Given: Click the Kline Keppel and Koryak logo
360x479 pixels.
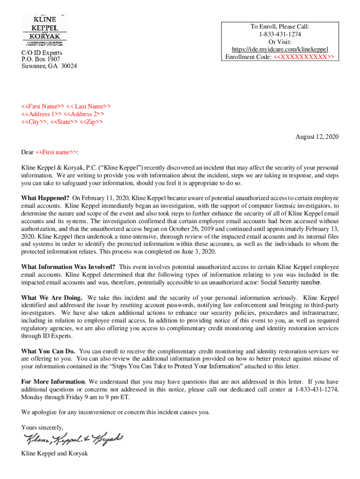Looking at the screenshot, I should pyautogui.click(x=45, y=30).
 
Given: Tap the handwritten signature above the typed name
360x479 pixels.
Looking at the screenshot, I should pyautogui.click(x=73, y=439).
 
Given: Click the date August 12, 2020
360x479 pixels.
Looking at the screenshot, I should pyautogui.click(x=317, y=137).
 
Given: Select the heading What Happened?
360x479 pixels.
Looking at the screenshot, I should pyautogui.click(x=45, y=198).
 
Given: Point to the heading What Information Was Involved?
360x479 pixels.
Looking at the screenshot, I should pyautogui.click(x=69, y=267).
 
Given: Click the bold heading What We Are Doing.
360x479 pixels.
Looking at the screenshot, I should pyautogui.click(x=52, y=298).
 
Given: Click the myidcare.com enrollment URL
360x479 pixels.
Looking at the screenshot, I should pyautogui.click(x=280, y=50).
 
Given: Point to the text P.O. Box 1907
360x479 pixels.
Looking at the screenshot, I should pyautogui.click(x=41, y=59).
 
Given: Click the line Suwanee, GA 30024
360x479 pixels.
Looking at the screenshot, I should pyautogui.click(x=49, y=66).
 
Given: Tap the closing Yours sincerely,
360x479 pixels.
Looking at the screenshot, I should pyautogui.click(x=42, y=427).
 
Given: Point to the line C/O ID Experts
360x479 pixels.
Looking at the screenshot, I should pyautogui.click(x=42, y=53).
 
